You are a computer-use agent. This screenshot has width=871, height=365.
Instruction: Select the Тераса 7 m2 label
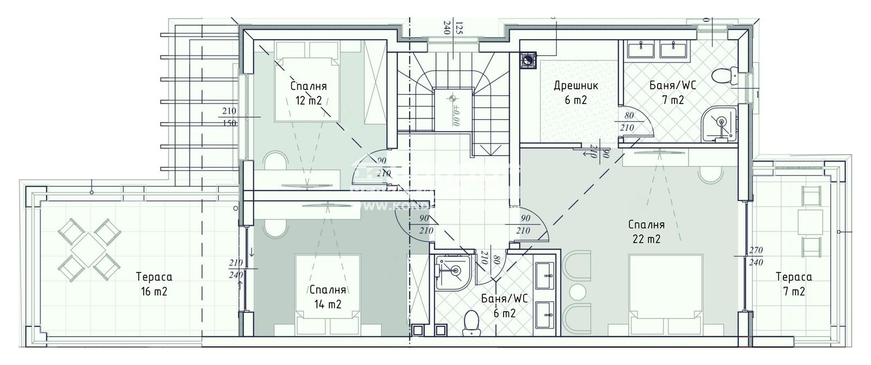coord(794,284)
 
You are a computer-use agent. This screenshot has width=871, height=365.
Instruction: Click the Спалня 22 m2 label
coord(646,231)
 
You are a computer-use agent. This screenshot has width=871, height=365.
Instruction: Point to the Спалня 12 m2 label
coord(308,93)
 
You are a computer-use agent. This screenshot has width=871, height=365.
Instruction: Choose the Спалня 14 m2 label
coord(327,297)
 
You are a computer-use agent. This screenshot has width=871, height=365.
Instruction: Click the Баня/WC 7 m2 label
coord(673,93)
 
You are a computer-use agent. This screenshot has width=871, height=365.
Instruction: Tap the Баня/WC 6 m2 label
coord(505,306)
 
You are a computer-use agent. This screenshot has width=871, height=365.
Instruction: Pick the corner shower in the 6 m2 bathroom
coord(451,270)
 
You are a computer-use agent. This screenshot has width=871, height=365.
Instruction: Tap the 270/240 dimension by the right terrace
coord(756,256)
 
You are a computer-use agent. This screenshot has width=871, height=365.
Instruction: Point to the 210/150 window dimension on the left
coord(229,117)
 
